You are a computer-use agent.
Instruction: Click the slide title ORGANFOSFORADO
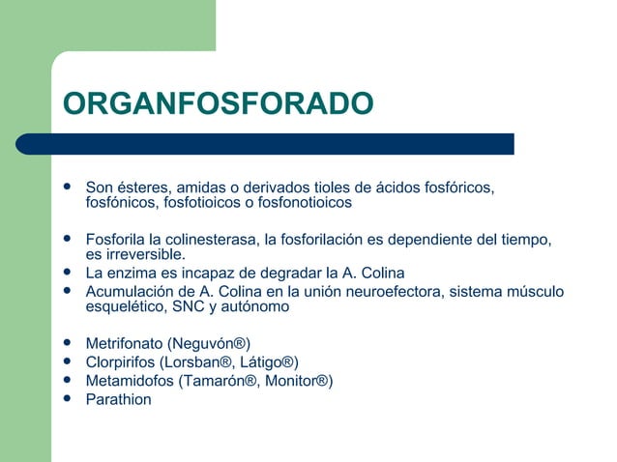click(x=217, y=103)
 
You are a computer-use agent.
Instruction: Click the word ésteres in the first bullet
click(x=144, y=187)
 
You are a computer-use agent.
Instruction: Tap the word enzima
click(x=132, y=273)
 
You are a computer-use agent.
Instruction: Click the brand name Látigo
click(x=267, y=361)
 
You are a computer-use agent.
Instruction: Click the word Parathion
click(x=119, y=398)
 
